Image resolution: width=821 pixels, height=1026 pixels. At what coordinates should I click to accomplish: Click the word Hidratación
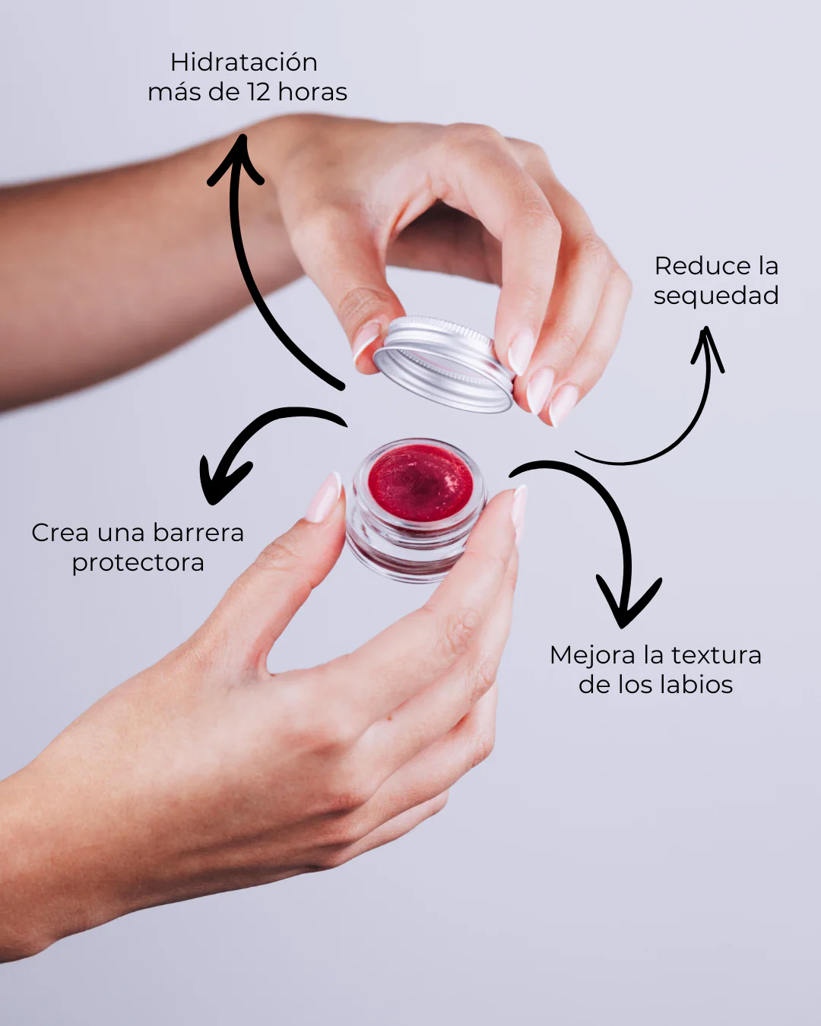[244, 63]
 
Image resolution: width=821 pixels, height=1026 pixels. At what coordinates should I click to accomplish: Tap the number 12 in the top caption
[261, 92]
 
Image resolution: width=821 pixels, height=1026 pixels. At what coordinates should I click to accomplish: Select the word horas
[312, 92]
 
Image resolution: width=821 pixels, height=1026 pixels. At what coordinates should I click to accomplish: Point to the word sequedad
[716, 296]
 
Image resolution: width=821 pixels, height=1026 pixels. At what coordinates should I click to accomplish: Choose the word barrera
[198, 533]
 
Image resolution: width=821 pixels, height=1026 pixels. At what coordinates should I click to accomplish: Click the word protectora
[138, 563]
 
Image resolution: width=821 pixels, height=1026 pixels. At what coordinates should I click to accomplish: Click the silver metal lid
[444, 364]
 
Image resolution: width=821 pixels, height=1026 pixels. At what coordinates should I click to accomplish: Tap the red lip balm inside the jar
[420, 483]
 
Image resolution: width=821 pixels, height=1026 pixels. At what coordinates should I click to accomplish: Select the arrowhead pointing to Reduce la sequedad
[707, 348]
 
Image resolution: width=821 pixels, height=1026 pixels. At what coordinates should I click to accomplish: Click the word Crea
[60, 533]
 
